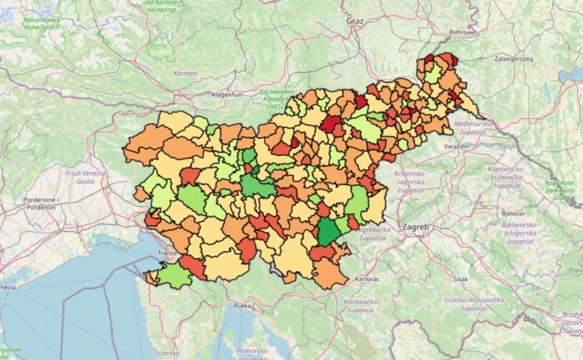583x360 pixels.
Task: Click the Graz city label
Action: coord(355,20)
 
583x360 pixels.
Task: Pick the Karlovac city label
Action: coord(367,278)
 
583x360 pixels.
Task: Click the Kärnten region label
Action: coord(185,74)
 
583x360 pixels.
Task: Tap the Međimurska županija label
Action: coord(476,127)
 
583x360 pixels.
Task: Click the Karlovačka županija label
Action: coord(363,306)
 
